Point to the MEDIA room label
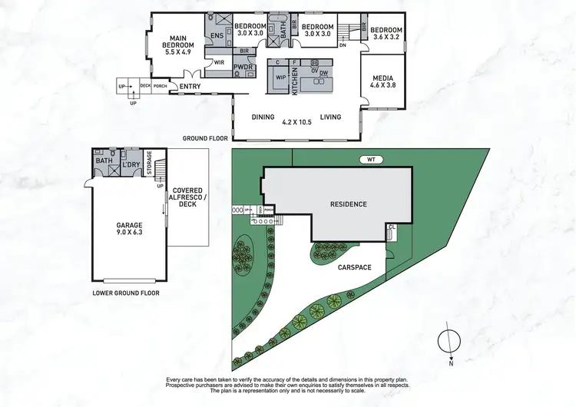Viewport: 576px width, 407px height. tap(382, 83)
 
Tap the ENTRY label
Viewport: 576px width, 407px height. tap(189, 87)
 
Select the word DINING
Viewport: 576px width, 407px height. tap(263, 117)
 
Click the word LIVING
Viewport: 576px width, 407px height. tap(331, 117)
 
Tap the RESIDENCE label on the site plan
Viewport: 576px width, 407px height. tap(348, 204)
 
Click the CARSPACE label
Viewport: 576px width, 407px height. tap(353, 267)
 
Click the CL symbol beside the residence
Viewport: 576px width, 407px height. tap(392, 228)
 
